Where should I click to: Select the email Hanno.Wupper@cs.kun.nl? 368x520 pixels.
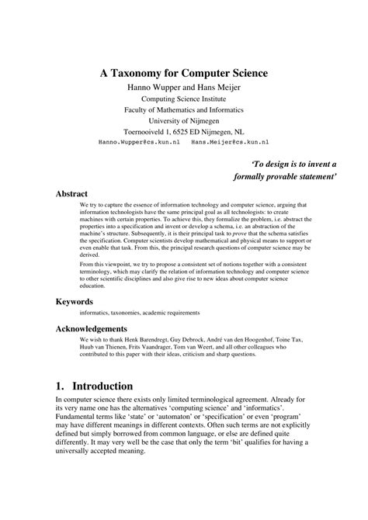(140, 144)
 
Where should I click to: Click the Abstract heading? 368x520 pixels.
(72, 193)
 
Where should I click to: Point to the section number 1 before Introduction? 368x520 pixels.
(60, 386)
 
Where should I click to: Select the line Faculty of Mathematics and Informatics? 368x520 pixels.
(183, 109)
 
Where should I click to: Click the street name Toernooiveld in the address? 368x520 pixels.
(149, 132)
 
